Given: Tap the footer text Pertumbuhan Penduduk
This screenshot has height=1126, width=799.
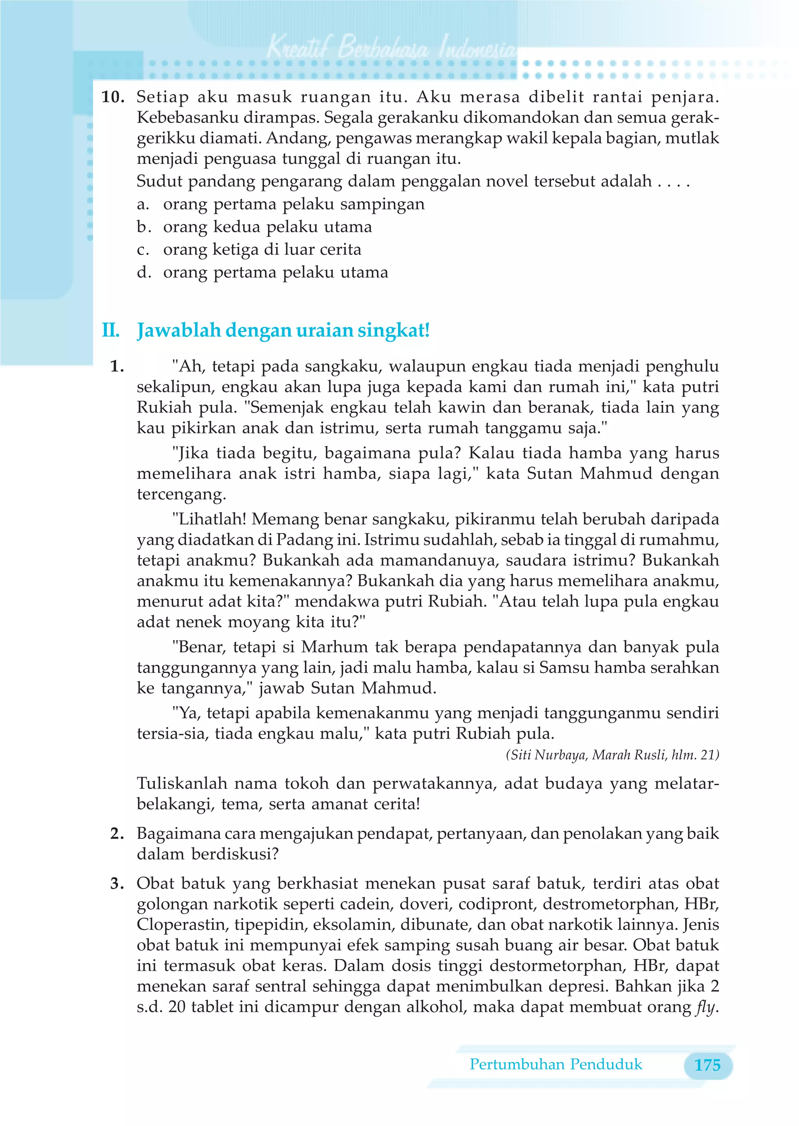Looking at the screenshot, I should pos(556,1064).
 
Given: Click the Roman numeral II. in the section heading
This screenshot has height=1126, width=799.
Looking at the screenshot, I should pos(111,330).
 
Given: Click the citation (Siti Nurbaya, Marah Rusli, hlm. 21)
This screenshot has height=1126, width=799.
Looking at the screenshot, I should pos(612,755).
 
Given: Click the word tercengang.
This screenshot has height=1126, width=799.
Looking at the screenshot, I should pos(181,494).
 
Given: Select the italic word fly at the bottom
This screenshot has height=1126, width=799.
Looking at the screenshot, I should pos(705,1007).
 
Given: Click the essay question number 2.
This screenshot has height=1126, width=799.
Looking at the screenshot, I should pos(117,833).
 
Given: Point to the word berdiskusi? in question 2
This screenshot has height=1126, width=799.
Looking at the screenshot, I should pos(235,854).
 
